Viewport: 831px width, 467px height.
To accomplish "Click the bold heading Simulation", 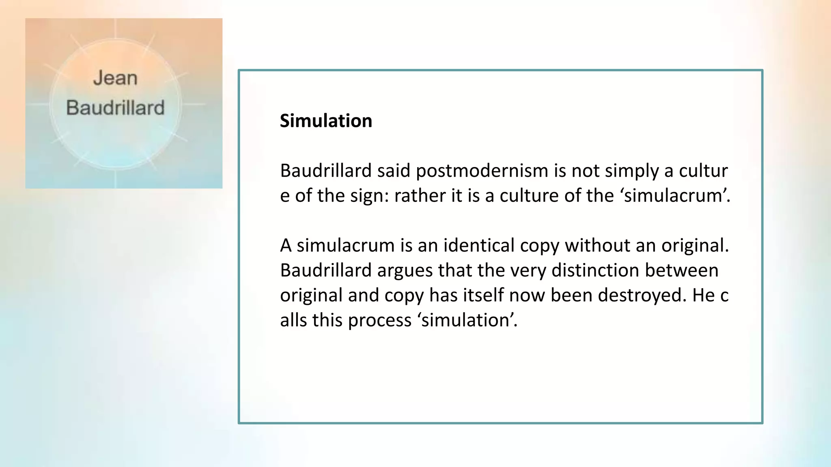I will coord(326,121).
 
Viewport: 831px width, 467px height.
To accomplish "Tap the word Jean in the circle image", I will coord(115,78).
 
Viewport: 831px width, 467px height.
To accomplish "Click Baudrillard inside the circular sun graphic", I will coord(115,108).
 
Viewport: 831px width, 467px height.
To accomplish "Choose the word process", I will coord(379,320).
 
